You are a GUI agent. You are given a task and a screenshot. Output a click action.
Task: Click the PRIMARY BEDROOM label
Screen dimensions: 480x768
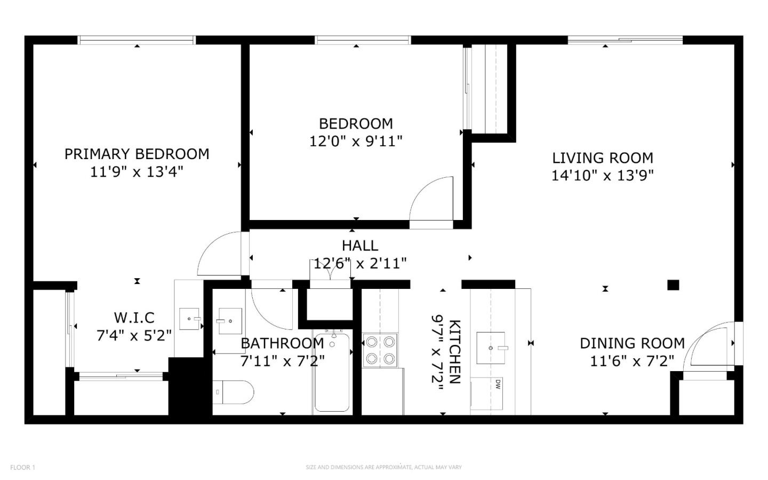coord(137,154)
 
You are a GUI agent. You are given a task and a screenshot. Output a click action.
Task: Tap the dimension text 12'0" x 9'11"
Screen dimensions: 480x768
coord(356,141)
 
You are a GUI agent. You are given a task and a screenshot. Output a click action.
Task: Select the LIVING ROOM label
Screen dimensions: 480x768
coord(602,158)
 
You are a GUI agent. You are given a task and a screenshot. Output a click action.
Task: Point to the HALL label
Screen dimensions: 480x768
coord(360,246)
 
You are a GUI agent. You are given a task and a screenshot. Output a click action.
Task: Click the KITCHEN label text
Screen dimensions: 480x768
coord(454,351)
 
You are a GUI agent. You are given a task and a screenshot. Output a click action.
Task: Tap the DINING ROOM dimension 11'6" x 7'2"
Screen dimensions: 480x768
coord(632,361)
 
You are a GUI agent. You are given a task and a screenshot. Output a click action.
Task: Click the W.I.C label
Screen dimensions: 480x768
coord(134,318)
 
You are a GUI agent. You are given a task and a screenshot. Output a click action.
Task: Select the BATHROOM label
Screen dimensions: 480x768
coord(282,343)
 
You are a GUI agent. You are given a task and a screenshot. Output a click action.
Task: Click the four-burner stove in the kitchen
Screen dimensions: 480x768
coord(380,350)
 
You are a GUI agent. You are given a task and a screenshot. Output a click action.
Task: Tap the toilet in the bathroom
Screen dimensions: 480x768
coord(233,392)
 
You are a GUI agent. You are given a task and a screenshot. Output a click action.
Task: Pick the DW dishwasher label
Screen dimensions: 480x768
coord(497,383)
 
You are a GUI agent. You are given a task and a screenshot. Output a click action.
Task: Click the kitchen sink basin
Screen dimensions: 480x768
coord(491,348)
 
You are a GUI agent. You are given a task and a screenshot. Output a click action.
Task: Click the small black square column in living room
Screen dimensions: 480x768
coord(673,285)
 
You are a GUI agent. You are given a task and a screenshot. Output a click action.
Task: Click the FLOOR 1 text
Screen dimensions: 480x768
coord(22,468)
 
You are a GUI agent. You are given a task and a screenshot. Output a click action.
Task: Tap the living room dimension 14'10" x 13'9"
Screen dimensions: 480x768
coord(602,176)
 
